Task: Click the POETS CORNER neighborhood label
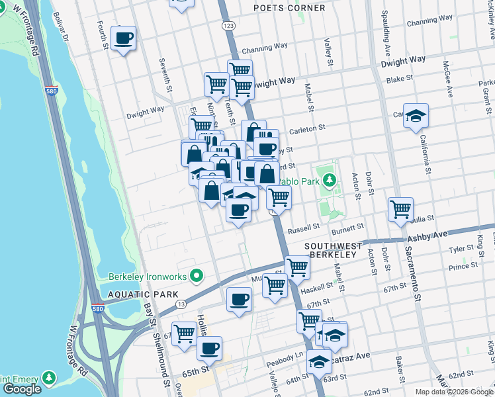[290, 8]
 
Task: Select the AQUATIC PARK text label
[140, 294]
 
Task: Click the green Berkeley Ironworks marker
[196, 275]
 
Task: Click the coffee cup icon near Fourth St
[123, 39]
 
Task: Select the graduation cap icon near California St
[417, 116]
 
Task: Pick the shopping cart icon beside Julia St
[400, 210]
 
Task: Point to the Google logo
[22, 389]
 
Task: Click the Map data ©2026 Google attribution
[453, 392]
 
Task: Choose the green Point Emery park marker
[48, 377]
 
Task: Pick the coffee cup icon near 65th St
[209, 348]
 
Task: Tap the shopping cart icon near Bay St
[184, 333]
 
